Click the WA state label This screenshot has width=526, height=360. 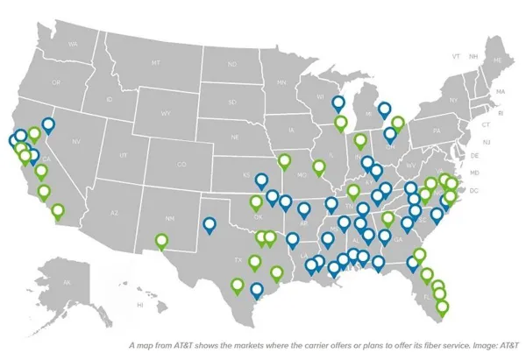[73, 44]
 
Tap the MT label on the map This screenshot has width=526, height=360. [155, 62]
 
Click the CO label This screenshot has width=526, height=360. [181, 164]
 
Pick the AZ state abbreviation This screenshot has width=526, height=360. [113, 212]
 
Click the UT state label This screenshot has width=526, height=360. [123, 154]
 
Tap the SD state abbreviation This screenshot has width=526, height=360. [233, 101]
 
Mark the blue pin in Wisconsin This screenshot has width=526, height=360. [338, 103]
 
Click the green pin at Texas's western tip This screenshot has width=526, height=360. [161, 241]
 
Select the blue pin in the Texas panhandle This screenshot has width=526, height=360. [210, 225]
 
